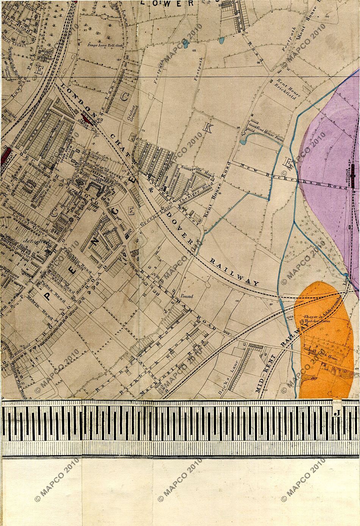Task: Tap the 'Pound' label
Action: pyautogui.click(x=187, y=296)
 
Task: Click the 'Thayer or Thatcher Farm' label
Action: pyautogui.click(x=316, y=319)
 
